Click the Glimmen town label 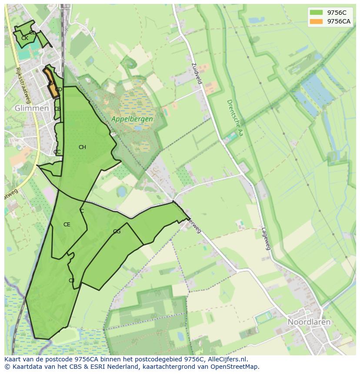click(32, 108)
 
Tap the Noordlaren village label click(309, 322)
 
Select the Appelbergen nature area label click(132, 119)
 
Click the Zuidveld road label click(197, 73)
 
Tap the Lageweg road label click(266, 239)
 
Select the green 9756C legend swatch click(316, 13)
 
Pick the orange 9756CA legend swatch click(316, 21)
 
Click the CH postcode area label click(82, 147)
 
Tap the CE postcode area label click(67, 225)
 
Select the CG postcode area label click(117, 232)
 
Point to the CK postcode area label click(25, 38)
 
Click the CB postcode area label click(57, 109)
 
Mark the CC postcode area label click(57, 152)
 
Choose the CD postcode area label click(58, 89)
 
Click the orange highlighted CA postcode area click(52, 83)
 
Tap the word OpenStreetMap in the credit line click(235, 367)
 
